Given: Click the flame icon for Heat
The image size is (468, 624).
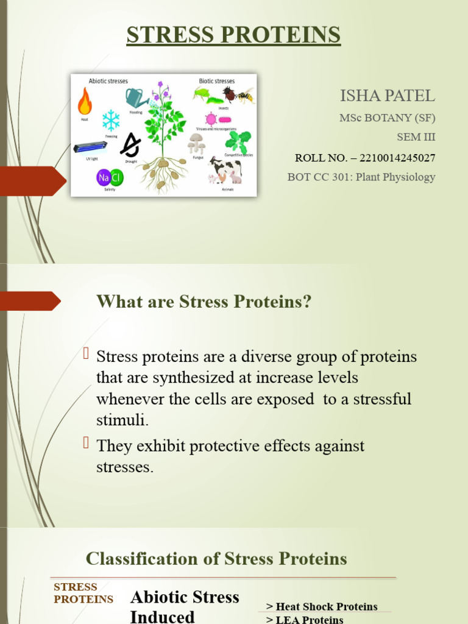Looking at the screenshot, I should tap(85, 102).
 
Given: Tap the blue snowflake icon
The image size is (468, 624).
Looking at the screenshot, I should tap(111, 120).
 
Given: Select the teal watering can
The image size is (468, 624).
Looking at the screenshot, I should tap(136, 97).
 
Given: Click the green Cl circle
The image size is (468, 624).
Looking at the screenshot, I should tap(116, 178).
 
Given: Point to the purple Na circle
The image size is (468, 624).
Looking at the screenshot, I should tap(102, 178).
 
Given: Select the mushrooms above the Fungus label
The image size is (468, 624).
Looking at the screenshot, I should tap(196, 143).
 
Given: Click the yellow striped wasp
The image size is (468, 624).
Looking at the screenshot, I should tap(245, 95).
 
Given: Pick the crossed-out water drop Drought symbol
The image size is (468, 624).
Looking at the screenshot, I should tap(130, 145).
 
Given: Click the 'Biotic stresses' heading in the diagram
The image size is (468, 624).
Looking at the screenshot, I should tap(216, 80).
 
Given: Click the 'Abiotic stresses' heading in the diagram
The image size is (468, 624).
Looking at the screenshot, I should tap(108, 80).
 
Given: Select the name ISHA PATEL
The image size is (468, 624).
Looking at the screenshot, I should tap(387, 96).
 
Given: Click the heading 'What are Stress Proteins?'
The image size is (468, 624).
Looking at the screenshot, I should tap(204, 302).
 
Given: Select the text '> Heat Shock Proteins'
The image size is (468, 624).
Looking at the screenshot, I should tap(322, 606).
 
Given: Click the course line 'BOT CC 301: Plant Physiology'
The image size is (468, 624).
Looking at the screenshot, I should tap(361, 177).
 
